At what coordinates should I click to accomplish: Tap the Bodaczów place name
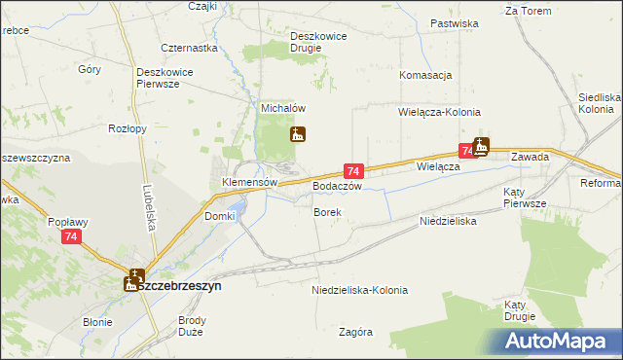[x=338, y=186]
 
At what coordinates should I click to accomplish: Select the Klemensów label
[x=250, y=182]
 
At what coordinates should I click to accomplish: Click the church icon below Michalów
[x=298, y=135]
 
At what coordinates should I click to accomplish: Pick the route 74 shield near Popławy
[x=70, y=236]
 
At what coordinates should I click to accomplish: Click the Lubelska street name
[x=147, y=199]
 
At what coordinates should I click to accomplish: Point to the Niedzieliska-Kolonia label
[x=359, y=290]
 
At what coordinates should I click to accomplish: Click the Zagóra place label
[x=356, y=332]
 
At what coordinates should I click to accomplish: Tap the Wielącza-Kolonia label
[x=436, y=112]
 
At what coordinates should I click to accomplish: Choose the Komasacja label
[x=425, y=75]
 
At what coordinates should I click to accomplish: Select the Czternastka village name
[x=189, y=47]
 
